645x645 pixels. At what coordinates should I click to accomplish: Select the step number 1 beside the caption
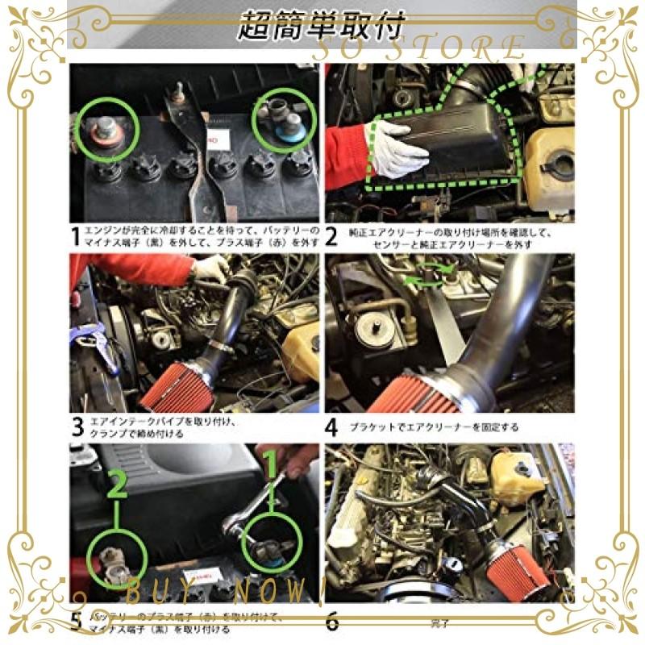(x=76, y=237)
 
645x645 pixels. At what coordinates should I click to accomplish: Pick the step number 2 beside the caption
(x=332, y=237)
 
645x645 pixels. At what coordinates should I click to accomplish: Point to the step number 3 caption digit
(x=77, y=427)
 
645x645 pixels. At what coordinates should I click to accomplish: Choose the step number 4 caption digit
(x=332, y=427)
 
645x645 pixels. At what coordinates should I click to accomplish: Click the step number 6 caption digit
(x=332, y=621)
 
